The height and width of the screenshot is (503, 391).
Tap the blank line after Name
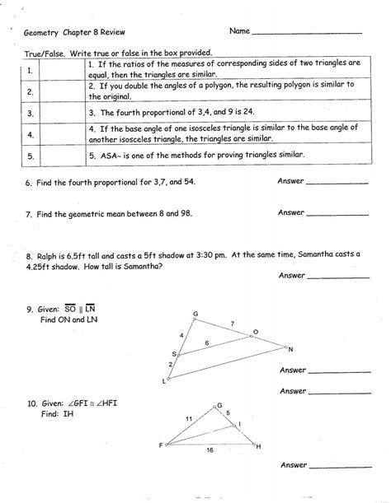[306, 34]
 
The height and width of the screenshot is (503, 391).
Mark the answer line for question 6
[338, 182]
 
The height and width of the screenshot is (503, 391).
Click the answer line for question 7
[338, 215]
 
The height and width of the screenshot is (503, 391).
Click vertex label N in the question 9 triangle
[290, 349]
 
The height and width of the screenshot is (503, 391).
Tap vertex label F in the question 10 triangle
[160, 445]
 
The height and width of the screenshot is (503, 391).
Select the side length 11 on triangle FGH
[189, 419]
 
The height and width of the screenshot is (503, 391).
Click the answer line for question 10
[338, 466]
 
